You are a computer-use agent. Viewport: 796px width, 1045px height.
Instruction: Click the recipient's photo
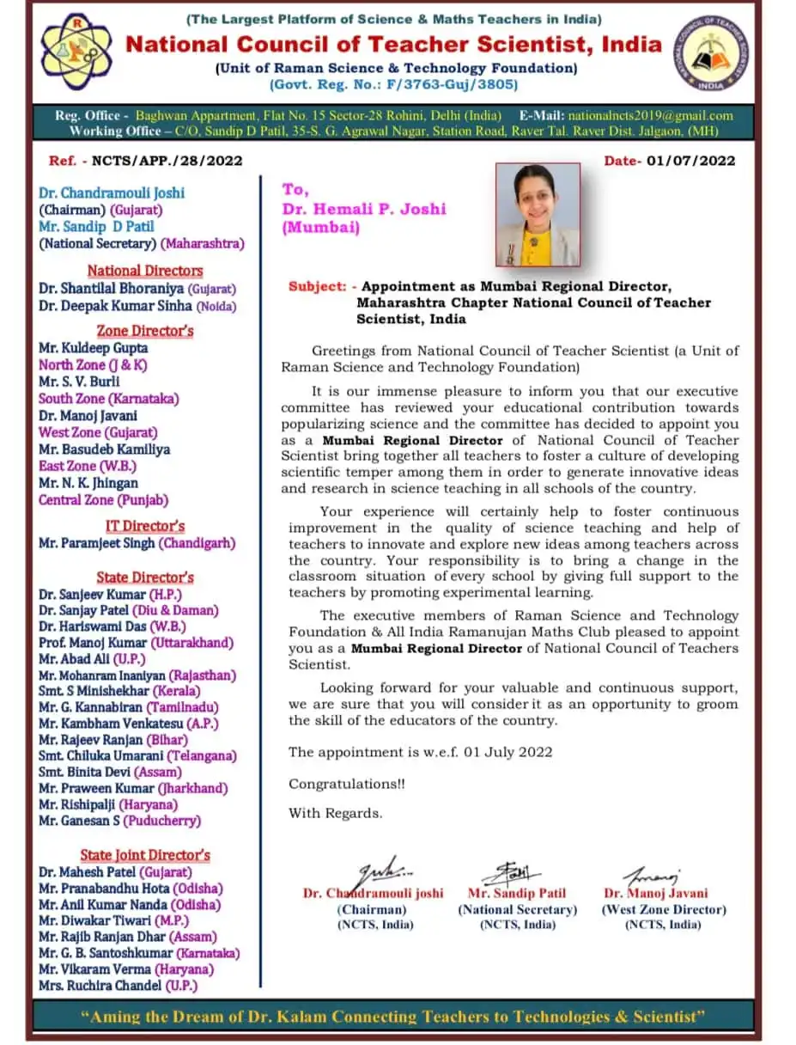point(538,214)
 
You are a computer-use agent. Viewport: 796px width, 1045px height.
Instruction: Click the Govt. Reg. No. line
point(394,84)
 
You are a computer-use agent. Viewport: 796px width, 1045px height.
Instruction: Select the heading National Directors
point(145,271)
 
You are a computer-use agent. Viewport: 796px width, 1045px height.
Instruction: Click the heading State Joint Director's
point(145,855)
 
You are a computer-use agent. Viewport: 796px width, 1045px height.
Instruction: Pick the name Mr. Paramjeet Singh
point(97,543)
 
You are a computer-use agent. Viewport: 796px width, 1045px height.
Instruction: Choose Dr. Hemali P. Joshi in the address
point(364,209)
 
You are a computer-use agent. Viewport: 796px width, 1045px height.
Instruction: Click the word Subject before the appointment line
point(316,287)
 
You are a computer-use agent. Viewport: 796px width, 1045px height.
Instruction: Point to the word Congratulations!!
point(347,784)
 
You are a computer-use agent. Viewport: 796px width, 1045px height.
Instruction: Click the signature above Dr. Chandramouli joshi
point(381,869)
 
